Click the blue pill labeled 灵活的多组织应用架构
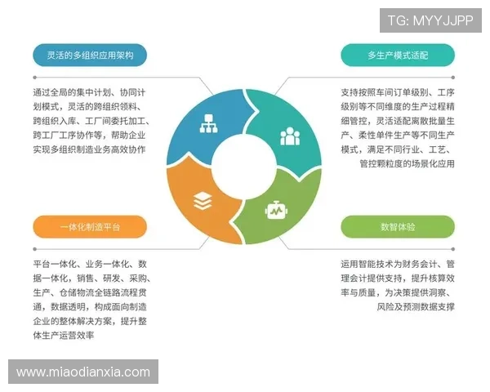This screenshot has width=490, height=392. click(90, 56)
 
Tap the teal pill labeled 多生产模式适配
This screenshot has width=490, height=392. click(398, 56)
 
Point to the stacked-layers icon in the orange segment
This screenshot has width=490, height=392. click(202, 200)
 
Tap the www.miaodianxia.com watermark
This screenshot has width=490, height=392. click(83, 372)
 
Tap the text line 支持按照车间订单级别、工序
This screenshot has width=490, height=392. click(398, 92)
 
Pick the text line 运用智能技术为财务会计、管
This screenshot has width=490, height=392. click(398, 265)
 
